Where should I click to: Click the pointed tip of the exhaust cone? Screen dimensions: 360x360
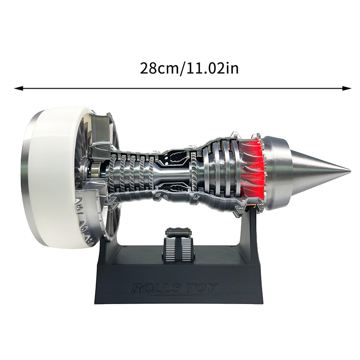pos(350,171)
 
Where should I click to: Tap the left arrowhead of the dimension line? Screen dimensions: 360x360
pos(18,88)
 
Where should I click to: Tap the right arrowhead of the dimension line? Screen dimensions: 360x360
pos(346,88)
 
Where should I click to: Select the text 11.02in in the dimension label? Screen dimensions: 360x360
pos(212,68)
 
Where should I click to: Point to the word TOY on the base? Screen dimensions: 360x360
pos(200,288)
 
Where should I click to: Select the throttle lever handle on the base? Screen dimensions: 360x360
pos(178,232)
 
